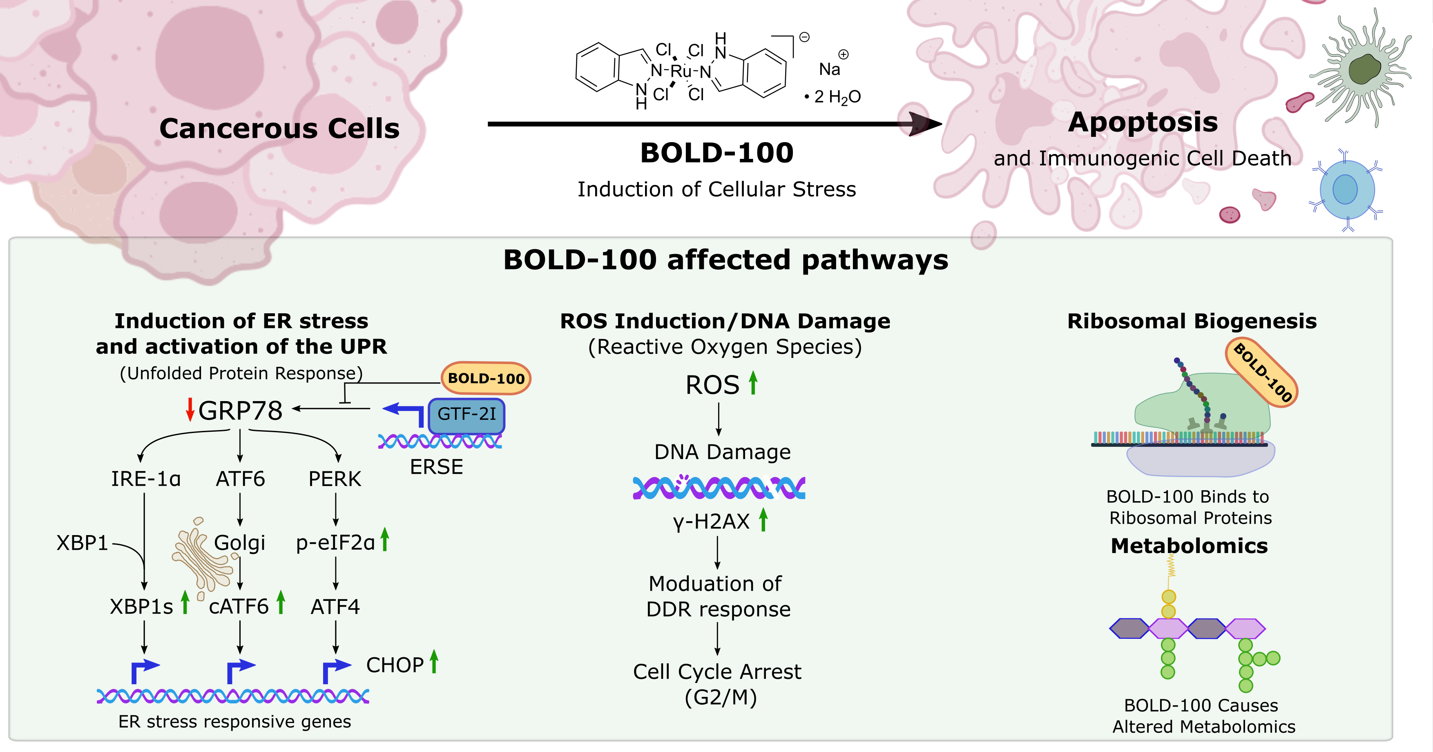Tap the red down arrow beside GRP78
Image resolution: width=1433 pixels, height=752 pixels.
[x=190, y=410]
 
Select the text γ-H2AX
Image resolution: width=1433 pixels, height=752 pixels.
[x=712, y=522]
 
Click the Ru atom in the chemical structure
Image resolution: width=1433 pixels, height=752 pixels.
[x=680, y=71]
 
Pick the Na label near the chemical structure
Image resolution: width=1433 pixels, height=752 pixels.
[x=829, y=69]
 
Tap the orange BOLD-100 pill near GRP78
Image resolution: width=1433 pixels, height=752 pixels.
[x=486, y=379]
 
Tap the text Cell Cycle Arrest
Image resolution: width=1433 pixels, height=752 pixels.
[x=717, y=672]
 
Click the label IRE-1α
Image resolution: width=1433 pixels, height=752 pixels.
[x=146, y=479]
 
